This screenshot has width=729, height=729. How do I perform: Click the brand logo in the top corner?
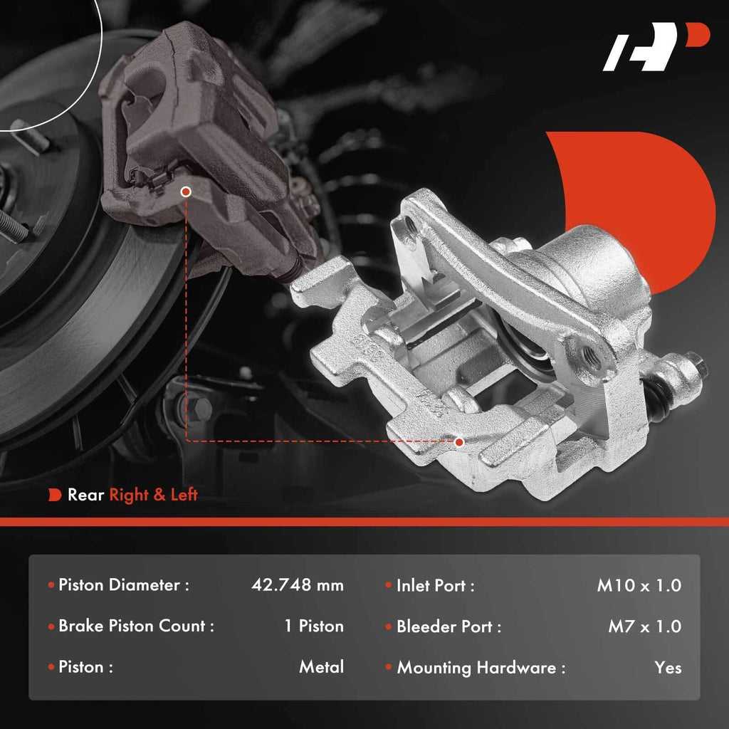(656, 46)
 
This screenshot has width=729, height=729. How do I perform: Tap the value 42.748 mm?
(298, 585)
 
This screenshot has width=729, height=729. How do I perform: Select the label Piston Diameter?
(119, 585)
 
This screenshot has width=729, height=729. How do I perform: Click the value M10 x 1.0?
(639, 585)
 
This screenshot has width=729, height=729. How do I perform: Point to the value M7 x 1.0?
(645, 626)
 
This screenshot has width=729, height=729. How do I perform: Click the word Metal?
(321, 667)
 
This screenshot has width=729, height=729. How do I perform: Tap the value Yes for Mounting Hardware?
(668, 668)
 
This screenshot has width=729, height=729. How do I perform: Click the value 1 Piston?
(314, 626)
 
